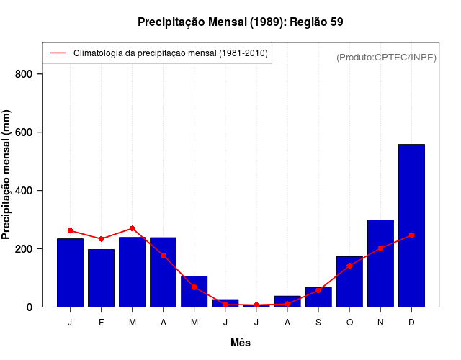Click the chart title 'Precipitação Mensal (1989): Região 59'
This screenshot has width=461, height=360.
[x=240, y=22]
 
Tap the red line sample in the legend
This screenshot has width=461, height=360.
[x=58, y=53]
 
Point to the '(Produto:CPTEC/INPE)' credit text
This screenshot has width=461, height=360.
[x=387, y=58]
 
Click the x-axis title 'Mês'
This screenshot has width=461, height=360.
[x=241, y=343]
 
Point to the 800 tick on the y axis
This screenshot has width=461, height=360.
[x=29, y=74]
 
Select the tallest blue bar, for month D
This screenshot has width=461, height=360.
[x=411, y=225]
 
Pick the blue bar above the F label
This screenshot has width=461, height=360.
[x=101, y=278]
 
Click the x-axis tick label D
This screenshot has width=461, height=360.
[x=411, y=323]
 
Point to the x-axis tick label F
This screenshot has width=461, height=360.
[x=101, y=323]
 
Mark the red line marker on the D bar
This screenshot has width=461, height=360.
[x=411, y=235]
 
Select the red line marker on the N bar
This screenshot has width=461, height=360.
[x=380, y=248]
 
